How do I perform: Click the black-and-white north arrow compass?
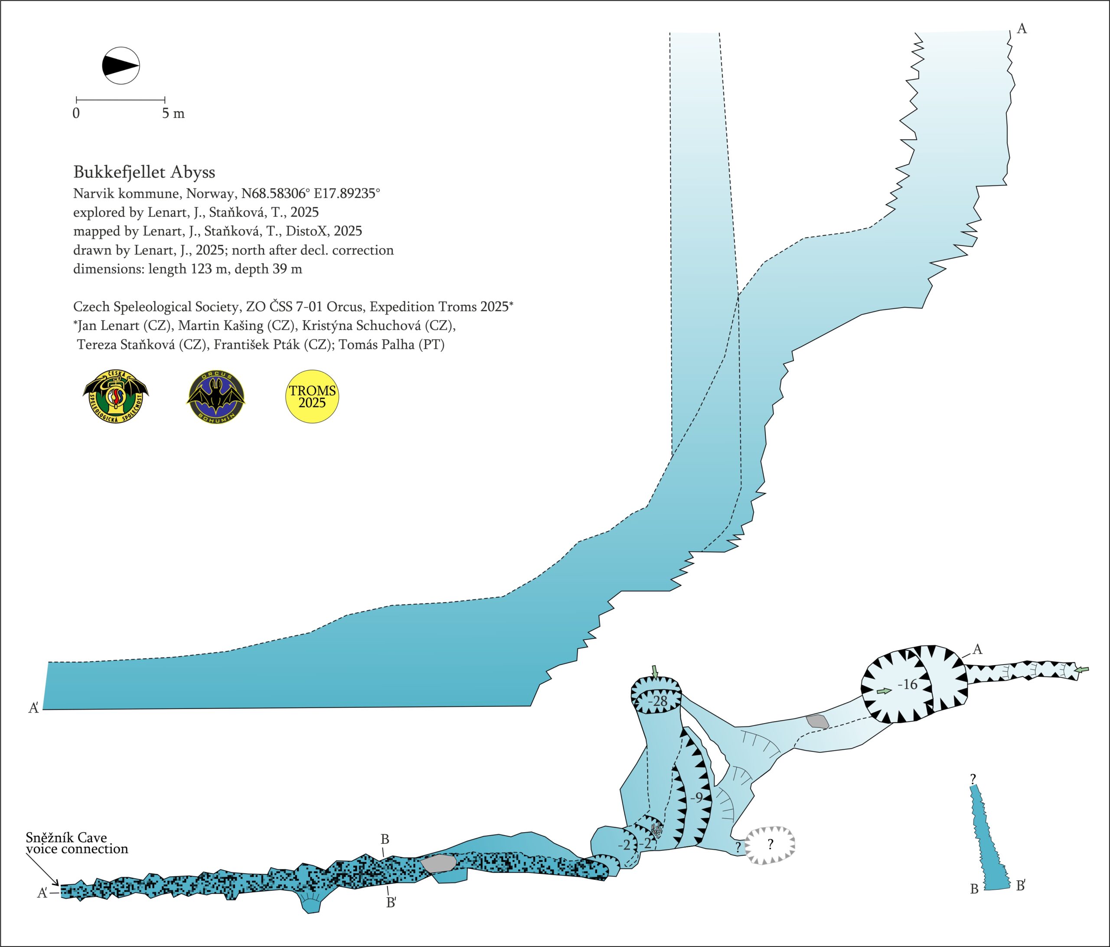click(121, 66)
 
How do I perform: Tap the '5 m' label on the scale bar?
click(173, 114)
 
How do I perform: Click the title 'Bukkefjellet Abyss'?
click(144, 172)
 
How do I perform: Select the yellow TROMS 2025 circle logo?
click(312, 397)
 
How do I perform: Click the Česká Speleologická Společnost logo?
click(116, 397)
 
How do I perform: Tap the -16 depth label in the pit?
click(908, 684)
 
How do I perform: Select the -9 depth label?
click(696, 797)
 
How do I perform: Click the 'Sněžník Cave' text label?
click(66, 838)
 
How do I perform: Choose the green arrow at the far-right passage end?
click(1082, 669)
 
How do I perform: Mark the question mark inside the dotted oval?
click(770, 845)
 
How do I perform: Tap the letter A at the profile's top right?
click(1022, 29)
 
